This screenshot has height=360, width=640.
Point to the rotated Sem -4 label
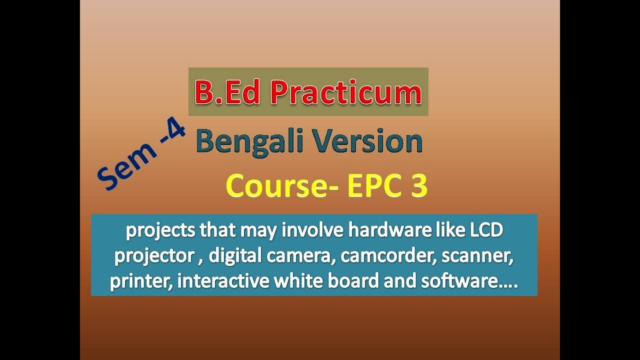coord(141,156)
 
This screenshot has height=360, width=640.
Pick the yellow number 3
coord(419,186)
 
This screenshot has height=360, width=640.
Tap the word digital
coord(235,256)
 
